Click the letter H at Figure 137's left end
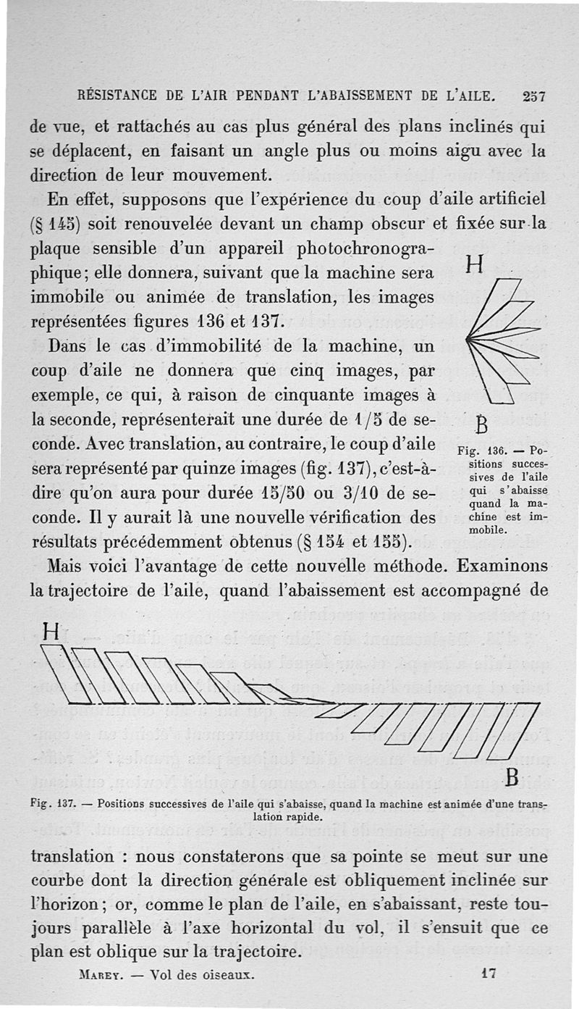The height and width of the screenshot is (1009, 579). pyautogui.click(x=50, y=632)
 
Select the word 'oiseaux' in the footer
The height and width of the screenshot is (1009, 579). pyautogui.click(x=229, y=974)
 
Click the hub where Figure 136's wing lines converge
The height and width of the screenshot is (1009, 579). pyautogui.click(x=469, y=338)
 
